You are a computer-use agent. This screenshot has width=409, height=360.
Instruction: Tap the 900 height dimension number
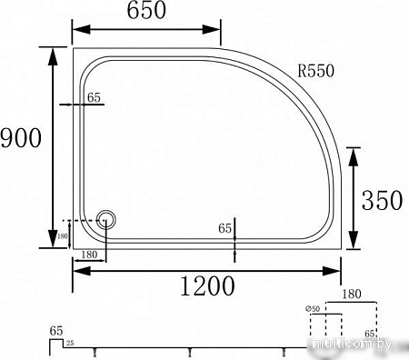point(20,140)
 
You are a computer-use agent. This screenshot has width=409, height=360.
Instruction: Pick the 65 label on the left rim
point(93,97)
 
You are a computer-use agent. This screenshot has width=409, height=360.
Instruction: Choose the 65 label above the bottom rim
point(225,229)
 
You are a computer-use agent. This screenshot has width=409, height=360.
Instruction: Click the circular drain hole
point(106,219)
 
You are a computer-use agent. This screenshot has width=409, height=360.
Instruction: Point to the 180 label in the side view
point(353,294)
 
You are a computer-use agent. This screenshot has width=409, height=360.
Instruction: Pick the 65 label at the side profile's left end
point(56,331)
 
